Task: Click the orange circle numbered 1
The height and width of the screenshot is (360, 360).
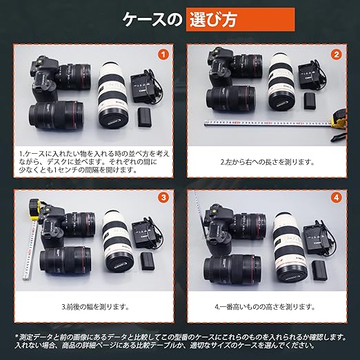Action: coord(163,54)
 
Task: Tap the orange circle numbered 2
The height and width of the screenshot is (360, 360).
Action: coord(337,54)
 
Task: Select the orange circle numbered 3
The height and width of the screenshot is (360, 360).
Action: coord(163,198)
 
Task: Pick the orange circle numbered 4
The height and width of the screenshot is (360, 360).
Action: coord(337,198)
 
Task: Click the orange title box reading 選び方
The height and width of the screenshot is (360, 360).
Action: coord(240,19)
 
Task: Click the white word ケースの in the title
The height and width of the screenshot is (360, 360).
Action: coord(152,20)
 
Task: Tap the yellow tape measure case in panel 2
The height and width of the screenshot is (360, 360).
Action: coord(338,119)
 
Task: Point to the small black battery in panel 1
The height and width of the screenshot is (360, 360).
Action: coord(144,117)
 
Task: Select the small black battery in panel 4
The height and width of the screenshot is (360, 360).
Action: coord(319,270)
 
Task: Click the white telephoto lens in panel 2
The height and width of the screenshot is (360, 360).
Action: coord(281,81)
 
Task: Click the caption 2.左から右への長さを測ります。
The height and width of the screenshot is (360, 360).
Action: coord(267,162)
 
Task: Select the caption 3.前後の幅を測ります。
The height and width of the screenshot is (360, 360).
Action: coord(95,306)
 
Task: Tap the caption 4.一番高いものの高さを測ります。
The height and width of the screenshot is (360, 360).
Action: coord(265,306)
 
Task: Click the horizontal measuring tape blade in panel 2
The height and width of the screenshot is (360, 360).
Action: coord(268,123)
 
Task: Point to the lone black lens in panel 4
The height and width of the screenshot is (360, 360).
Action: coord(232,270)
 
